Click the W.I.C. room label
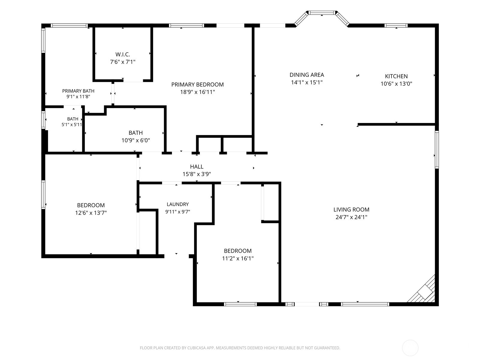tap(123, 54)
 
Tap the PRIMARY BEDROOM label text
tap(197, 85)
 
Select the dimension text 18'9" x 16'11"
tap(197, 92)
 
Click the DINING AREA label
tap(307, 75)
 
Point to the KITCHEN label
tap(396, 76)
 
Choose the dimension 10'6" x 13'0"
tap(396, 84)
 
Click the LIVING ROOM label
tap(351, 210)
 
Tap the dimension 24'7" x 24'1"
tap(351, 217)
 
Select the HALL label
tap(196, 167)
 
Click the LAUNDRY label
tap(178, 204)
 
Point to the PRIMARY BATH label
tap(78, 91)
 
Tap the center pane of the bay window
tap(322, 13)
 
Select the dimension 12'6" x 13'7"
tap(91, 213)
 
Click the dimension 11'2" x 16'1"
tap(238, 258)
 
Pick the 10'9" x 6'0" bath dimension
tap(136, 140)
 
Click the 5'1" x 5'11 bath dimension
tap(72, 124)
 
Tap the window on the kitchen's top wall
tap(396, 25)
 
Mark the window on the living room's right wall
tap(437, 150)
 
